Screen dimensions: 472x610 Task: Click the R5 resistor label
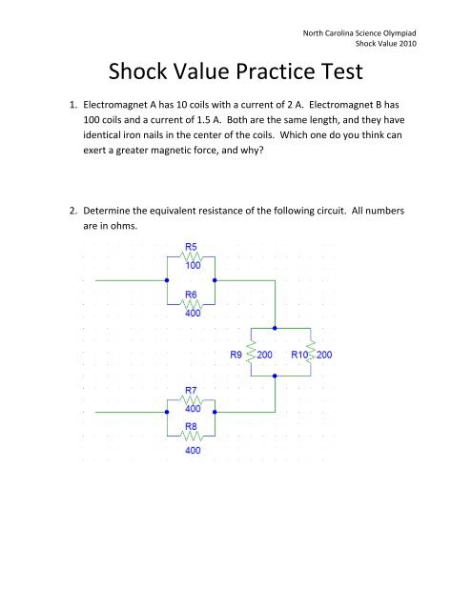pos(191,247)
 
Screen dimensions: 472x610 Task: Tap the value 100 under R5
pos(193,265)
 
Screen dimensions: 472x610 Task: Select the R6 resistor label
pos(191,295)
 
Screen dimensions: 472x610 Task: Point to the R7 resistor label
pos(191,390)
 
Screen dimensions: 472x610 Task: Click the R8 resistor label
pos(191,426)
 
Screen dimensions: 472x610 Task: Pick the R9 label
pos(236,355)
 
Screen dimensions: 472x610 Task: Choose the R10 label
pos(299,355)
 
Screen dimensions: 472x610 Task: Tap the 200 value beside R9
pos(264,355)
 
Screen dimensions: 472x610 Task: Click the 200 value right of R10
pos(324,355)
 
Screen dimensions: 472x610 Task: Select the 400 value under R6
pos(193,314)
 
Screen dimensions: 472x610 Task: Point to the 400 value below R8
pos(193,451)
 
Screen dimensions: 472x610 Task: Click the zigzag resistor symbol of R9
pos(251,352)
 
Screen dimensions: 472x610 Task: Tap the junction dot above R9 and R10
pos(275,328)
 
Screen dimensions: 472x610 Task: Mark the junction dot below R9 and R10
pos(275,376)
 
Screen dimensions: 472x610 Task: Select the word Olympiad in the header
pos(400,33)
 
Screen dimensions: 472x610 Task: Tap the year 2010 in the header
pos(407,44)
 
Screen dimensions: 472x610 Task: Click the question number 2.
pos(73,211)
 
